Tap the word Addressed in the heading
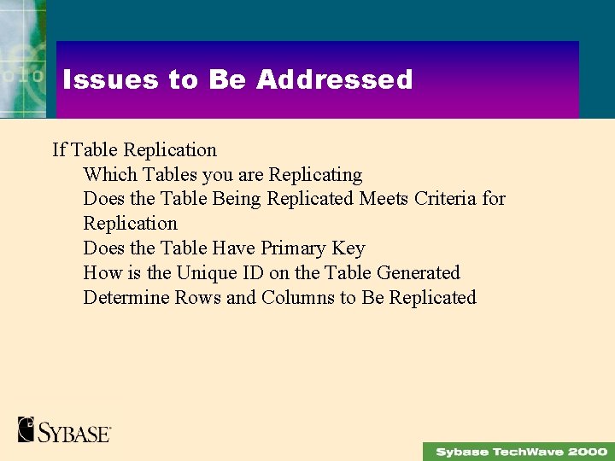334,80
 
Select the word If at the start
59,150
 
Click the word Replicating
315,175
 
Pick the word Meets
384,199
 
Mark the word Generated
418,273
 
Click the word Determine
126,298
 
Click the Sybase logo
64,429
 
